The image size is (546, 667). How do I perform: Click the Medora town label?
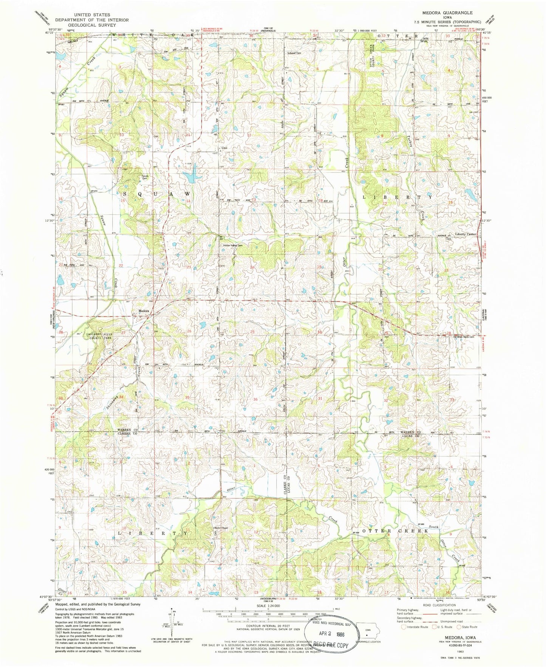pos(144,311)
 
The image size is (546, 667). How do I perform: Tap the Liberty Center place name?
pos(466,234)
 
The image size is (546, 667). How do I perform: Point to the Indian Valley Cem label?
pos(232,245)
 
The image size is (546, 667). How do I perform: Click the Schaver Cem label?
pos(295,53)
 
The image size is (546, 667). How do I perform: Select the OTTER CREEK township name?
pos(395,531)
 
